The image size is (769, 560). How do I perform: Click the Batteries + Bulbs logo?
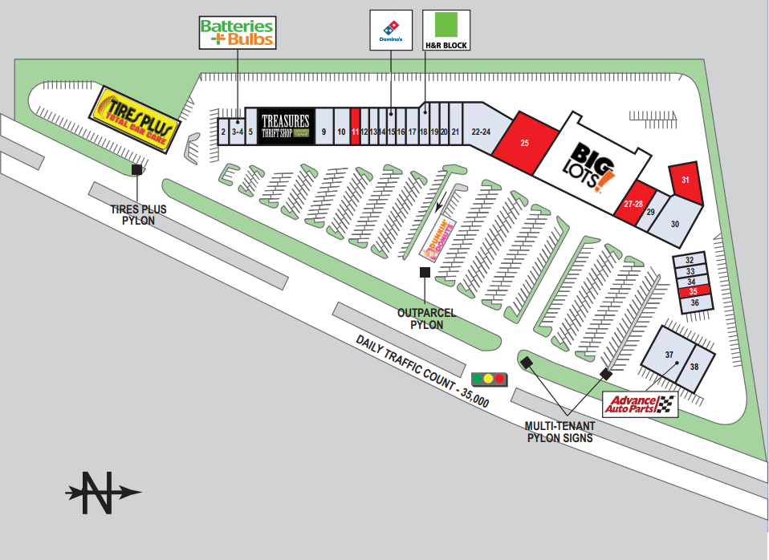pyautogui.click(x=237, y=32)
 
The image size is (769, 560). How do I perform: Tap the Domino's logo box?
pyautogui.click(x=390, y=30)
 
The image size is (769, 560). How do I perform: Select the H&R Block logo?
pyautogui.click(x=446, y=30)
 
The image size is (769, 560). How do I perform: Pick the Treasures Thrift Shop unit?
pyautogui.click(x=285, y=127)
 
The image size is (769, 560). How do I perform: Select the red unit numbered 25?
pyautogui.click(x=525, y=143)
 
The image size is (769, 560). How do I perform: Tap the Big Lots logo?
pyautogui.click(x=594, y=166)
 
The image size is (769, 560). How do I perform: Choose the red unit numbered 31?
pyautogui.click(x=685, y=181)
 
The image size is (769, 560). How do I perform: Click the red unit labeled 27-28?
pyautogui.click(x=633, y=205)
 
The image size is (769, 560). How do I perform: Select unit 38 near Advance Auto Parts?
pyautogui.click(x=694, y=366)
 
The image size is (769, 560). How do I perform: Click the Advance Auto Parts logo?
pyautogui.click(x=640, y=404)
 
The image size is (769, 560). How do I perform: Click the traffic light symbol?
pyautogui.click(x=488, y=378)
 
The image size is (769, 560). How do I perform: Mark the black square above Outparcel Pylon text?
pyautogui.click(x=425, y=273)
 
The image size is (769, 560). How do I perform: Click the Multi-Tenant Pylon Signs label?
pyautogui.click(x=559, y=432)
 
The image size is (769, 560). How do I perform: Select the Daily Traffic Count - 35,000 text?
pyautogui.click(x=422, y=371)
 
